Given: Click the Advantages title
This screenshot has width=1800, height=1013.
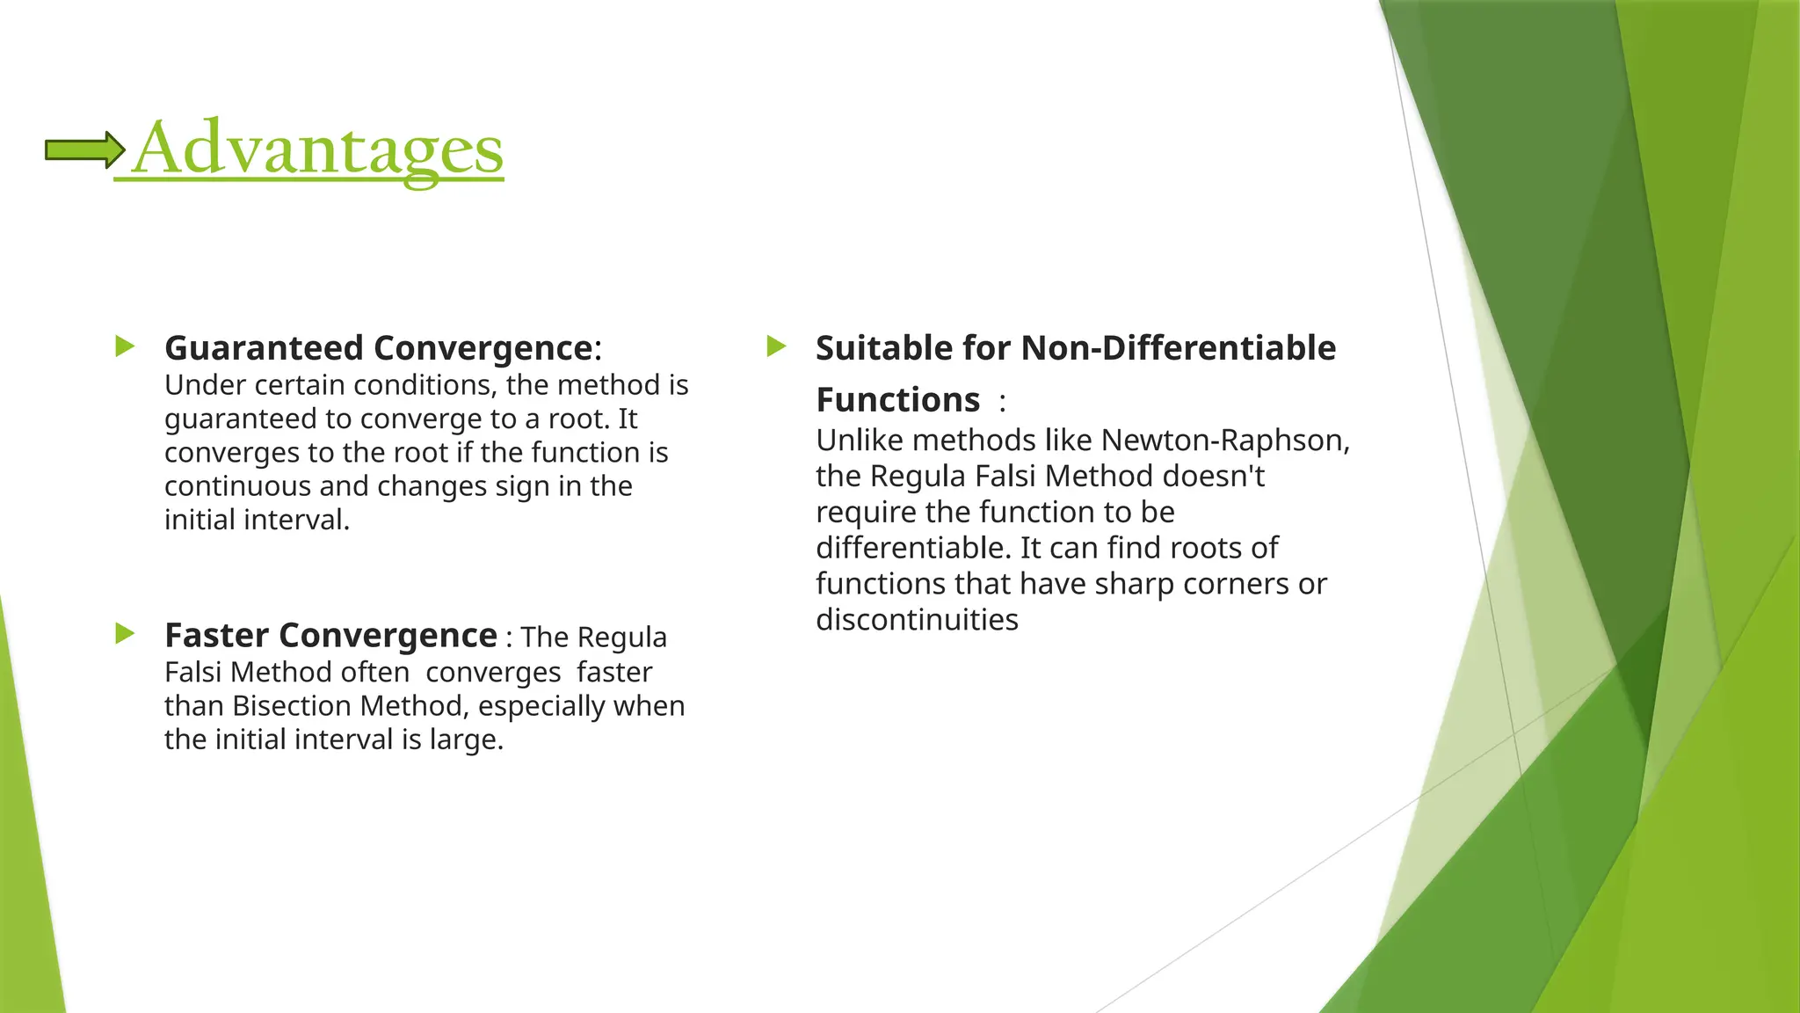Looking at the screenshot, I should (x=317, y=149).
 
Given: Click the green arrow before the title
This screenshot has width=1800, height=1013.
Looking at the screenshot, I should (x=84, y=150).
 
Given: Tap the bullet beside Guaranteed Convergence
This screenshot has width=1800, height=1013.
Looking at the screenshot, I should (x=125, y=346).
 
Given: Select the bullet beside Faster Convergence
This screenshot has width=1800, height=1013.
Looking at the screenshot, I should (x=125, y=633).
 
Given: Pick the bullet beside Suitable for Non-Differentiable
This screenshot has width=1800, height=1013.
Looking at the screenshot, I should (x=776, y=346).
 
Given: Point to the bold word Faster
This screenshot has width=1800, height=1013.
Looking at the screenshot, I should (x=216, y=635).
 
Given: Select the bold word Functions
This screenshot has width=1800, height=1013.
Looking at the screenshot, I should (x=897, y=400).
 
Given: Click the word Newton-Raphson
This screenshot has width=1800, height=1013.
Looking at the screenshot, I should (x=1225, y=440).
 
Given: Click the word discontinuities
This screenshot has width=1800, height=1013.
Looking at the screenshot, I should (x=917, y=620).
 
